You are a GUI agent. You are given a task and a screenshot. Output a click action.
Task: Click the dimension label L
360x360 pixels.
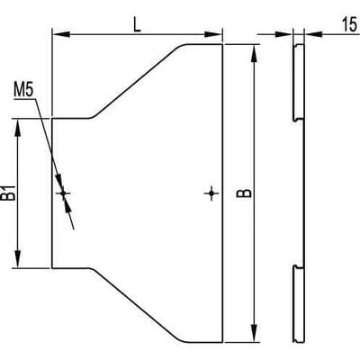[x=137, y=25]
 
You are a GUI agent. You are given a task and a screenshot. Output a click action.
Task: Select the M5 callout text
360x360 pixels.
[x=23, y=90]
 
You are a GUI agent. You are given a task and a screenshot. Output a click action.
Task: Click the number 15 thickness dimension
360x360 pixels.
[x=349, y=24]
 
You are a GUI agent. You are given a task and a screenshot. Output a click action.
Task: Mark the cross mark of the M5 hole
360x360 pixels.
[x=63, y=193]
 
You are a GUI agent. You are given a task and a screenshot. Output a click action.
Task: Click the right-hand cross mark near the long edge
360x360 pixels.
[x=211, y=193]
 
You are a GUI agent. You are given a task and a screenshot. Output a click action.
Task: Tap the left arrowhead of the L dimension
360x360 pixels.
[x=61, y=34]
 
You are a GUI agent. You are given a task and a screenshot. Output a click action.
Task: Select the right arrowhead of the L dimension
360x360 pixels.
[x=213, y=34]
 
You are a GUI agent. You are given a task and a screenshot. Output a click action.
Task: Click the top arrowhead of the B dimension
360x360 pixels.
[x=254, y=54]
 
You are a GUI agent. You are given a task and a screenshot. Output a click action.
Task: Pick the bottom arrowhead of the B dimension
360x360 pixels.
[x=254, y=333]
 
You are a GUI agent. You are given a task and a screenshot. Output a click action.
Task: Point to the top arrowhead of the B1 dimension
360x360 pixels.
[x=18, y=129]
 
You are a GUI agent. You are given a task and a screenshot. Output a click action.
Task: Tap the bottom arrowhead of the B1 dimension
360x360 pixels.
[x=18, y=258]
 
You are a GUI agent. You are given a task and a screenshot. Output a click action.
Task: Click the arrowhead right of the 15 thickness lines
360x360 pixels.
[x=313, y=34]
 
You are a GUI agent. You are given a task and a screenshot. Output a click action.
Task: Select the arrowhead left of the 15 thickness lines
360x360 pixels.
[x=283, y=34]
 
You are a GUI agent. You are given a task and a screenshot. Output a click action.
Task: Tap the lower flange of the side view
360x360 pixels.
[x=299, y=303]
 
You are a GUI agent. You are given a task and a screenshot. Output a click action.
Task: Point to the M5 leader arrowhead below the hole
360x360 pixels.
[x=67, y=204]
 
